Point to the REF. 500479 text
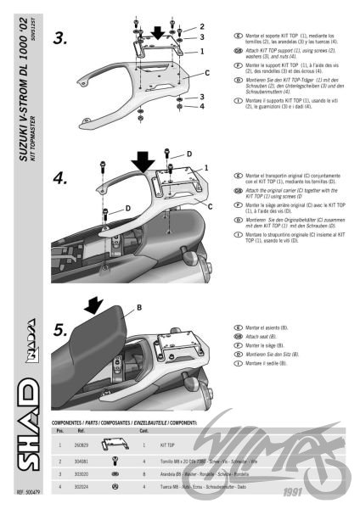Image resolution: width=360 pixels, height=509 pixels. (30, 492)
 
